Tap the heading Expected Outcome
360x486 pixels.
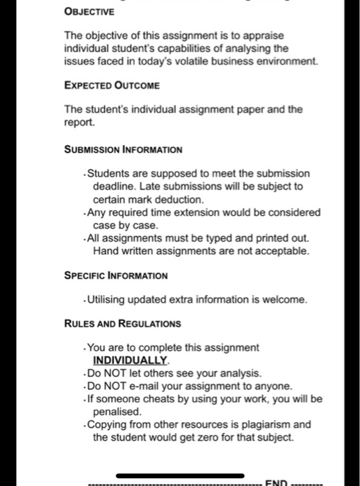112,85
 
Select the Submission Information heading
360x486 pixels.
123,149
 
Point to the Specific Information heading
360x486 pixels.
116,276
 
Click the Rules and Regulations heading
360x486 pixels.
122,324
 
